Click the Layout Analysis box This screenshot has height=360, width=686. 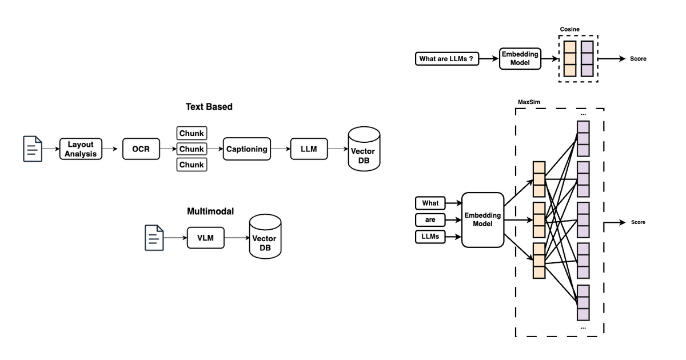click(x=81, y=149)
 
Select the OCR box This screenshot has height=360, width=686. click(x=141, y=149)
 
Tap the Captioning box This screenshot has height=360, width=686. click(x=246, y=149)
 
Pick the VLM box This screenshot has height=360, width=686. click(x=205, y=238)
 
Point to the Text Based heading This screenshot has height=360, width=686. click(x=209, y=107)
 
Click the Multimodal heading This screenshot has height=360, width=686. click(x=210, y=211)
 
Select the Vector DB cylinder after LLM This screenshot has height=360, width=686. click(x=364, y=149)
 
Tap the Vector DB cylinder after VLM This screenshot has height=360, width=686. click(x=265, y=238)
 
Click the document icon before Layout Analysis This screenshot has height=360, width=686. click(x=31, y=149)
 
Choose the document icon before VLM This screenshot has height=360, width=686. click(x=154, y=238)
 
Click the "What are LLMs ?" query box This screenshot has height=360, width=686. click(x=446, y=58)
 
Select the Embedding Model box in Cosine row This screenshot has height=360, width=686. click(x=519, y=58)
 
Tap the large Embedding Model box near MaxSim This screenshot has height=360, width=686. click(x=482, y=219)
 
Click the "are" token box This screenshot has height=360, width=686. click(x=430, y=219)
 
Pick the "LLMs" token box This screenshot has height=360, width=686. click(x=430, y=236)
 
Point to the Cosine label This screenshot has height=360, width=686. click(x=570, y=29)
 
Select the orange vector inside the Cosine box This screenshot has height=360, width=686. click(x=569, y=58)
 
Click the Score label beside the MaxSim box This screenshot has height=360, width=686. click(x=638, y=222)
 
